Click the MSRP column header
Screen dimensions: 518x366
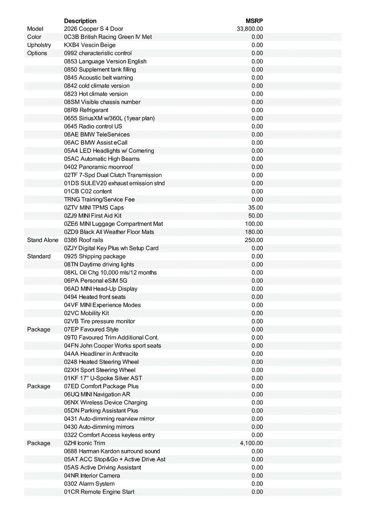tap(254, 21)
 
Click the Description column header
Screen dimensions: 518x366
tap(80, 21)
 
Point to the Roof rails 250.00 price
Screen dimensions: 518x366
tap(254, 240)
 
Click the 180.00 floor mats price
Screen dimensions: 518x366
tap(254, 232)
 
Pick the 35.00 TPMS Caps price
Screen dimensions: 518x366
tap(256, 208)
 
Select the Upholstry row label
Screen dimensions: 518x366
tap(39, 45)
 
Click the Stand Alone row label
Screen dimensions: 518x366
tap(43, 240)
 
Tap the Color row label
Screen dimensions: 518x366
tap(34, 37)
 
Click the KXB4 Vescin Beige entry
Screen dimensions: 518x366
tap(90, 45)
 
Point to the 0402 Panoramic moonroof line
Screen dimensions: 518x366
tap(98, 167)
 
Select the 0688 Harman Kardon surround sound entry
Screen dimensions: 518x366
tap(112, 451)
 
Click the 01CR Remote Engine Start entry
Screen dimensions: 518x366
tap(99, 492)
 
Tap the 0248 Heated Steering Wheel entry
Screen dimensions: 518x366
tap(101, 362)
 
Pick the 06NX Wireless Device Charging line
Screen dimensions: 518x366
tap(106, 402)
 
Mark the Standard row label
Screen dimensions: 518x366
tap(39, 256)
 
